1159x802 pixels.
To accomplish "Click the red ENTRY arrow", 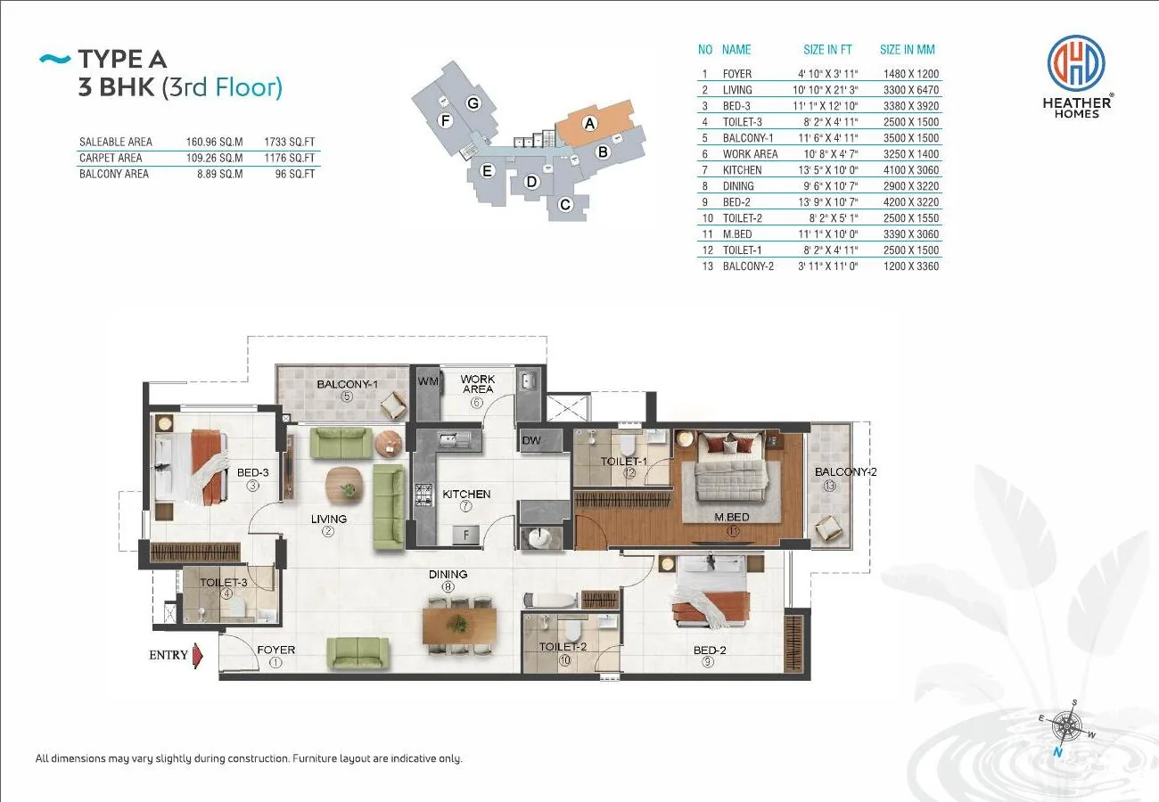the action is click(197, 656).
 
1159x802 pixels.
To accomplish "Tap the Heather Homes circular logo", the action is click(1076, 63).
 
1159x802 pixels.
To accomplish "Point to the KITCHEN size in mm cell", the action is click(910, 170).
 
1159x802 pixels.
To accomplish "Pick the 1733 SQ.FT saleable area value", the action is click(289, 143).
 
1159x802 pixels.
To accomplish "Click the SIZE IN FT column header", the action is click(827, 50).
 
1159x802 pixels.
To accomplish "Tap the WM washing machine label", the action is click(428, 381).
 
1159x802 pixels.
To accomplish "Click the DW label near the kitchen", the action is click(531, 440).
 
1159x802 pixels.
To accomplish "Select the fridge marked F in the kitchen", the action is click(465, 536).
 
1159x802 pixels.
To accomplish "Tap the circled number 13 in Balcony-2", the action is click(829, 486).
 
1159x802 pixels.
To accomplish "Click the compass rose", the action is click(1066, 727).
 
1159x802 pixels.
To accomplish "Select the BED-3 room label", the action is click(252, 472).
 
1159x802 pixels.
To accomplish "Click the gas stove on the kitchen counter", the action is click(423, 495).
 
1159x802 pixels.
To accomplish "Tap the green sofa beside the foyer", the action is click(358, 652).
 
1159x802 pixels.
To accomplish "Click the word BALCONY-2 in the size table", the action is click(748, 266).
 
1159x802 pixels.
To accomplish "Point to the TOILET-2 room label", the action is click(563, 647).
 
